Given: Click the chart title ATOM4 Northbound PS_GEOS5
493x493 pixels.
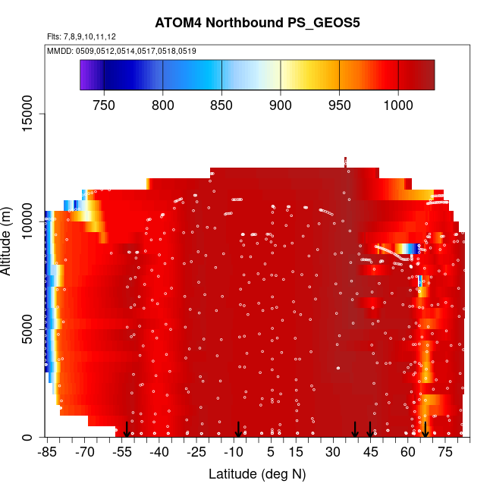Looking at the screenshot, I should [256, 22].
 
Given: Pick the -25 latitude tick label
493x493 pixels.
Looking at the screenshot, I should [196, 453].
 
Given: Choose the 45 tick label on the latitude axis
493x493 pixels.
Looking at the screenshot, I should [371, 453].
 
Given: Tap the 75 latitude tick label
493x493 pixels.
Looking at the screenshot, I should [445, 453].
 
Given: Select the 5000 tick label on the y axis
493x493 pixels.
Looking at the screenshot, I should [28, 330].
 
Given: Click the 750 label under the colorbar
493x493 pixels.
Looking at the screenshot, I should [104, 105].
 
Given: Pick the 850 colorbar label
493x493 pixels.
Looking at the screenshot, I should [221, 105].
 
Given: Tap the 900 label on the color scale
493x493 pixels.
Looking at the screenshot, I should [281, 105].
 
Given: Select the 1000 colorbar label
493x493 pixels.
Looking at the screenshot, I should [398, 105].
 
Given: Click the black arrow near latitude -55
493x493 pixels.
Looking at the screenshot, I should [127, 429].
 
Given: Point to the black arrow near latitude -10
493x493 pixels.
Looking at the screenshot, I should [238, 429].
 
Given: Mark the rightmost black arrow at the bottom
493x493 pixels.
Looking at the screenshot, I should [425, 429].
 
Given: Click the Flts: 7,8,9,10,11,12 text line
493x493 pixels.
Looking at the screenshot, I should [81, 36].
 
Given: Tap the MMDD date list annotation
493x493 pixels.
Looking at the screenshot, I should [122, 51].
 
